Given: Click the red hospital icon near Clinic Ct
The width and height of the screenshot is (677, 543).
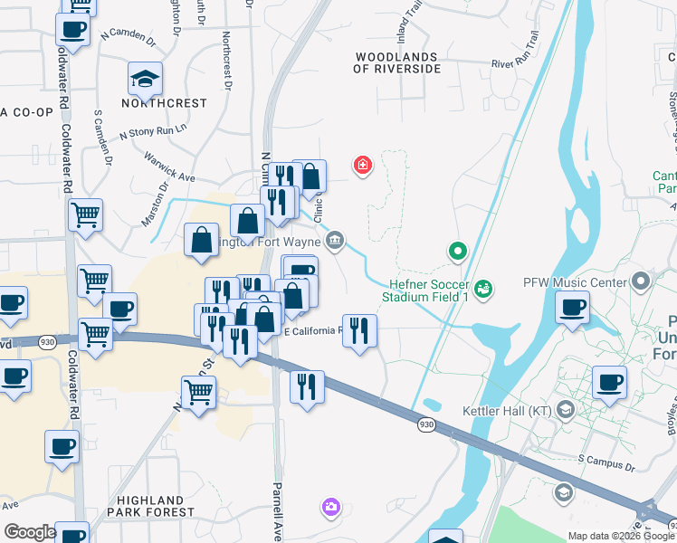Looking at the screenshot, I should (x=362, y=165).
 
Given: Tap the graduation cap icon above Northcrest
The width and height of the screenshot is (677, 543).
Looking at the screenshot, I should (x=145, y=80).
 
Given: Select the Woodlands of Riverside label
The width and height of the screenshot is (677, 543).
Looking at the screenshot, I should (x=396, y=62).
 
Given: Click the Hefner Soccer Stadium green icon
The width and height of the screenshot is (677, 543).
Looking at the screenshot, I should (x=484, y=288).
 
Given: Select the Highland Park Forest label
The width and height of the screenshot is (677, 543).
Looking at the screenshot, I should (x=149, y=506).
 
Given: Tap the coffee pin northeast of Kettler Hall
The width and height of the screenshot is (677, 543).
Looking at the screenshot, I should (x=610, y=381).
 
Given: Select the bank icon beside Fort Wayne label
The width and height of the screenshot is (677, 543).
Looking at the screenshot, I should (x=335, y=239).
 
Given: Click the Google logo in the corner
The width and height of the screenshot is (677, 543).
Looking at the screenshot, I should (x=30, y=532).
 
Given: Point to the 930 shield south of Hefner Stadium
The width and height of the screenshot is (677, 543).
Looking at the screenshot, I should (x=425, y=424).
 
